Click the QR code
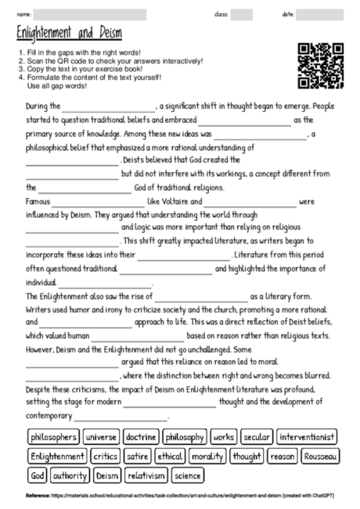(x=321, y=66)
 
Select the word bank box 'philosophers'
(x=53, y=437)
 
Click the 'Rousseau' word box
(x=320, y=456)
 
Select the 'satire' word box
(x=138, y=456)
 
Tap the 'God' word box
(x=37, y=475)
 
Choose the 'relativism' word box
(x=146, y=475)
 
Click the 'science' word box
(x=187, y=475)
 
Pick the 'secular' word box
(x=257, y=437)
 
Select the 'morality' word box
(x=207, y=456)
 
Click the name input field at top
(x=90, y=15)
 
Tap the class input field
(x=241, y=15)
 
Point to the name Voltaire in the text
(x=165, y=201)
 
